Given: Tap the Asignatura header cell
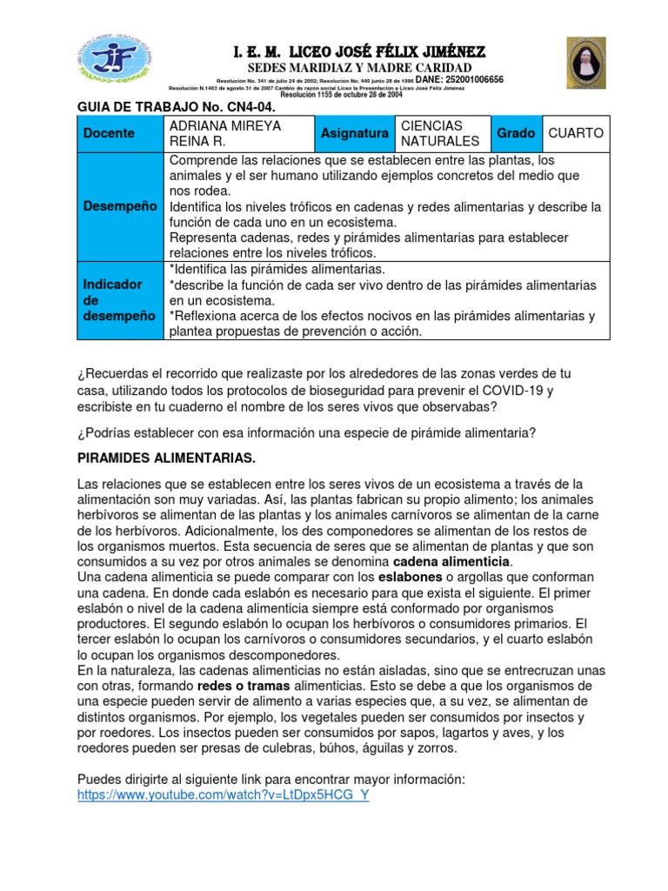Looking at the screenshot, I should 354,133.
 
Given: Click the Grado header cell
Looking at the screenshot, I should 515,133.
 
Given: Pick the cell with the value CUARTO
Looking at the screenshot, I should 575,133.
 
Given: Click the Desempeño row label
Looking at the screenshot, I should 119,206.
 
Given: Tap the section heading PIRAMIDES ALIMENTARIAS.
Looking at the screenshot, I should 166,458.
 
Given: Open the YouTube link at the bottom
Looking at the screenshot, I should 224,795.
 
